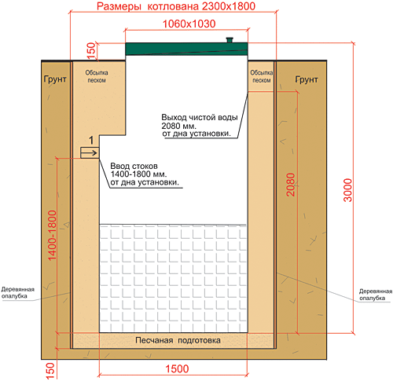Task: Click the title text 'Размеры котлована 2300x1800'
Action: (176, 6)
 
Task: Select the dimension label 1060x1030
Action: (189, 24)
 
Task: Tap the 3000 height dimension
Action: (347, 190)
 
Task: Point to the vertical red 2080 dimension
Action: (291, 185)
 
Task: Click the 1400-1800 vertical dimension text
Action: (53, 236)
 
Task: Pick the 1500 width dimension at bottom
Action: (177, 368)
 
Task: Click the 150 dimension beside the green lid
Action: (90, 50)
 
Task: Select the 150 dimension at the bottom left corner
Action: (50, 370)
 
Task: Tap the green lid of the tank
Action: (186, 49)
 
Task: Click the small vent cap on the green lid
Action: (230, 39)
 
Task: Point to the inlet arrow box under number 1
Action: (90, 152)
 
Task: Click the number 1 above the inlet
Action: (91, 141)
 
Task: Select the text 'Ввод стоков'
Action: (134, 166)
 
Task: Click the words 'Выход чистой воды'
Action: (200, 117)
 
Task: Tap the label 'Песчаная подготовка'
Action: (178, 340)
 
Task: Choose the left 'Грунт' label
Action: (55, 79)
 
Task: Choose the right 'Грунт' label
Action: (307, 79)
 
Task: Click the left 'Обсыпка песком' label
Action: (97, 76)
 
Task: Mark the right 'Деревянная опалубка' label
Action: (376, 295)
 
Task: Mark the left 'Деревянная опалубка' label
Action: (18, 292)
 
